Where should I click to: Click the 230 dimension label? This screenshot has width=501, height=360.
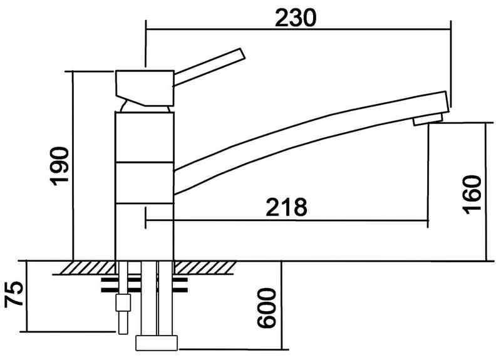pos(296,18)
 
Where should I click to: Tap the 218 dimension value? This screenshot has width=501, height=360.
pos(287,207)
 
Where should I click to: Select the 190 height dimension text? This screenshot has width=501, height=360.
pos(59,166)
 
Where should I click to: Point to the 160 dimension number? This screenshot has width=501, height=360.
pos(472,195)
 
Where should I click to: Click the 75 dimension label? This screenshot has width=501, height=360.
pos(14,294)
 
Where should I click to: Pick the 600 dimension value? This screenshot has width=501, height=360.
pos(267,308)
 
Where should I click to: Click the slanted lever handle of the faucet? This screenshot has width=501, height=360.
pos(209,67)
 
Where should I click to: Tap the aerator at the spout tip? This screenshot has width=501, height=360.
pos(428,120)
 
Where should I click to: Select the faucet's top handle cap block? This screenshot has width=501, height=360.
pos(145,88)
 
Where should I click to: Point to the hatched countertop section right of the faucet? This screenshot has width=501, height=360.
pos(205,268)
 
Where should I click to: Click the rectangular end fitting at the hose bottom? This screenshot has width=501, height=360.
pos(157,342)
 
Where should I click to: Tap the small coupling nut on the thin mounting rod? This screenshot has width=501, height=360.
pos(123,303)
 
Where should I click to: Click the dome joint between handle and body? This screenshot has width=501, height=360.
pos(145,107)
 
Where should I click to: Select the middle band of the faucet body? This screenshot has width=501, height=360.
pos(145,182)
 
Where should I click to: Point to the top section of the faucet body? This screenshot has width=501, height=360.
pos(145,137)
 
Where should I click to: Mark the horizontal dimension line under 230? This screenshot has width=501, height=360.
pos(298,29)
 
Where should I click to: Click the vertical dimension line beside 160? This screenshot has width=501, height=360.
pos(486,192)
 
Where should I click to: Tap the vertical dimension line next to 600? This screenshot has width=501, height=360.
pos(281,306)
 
